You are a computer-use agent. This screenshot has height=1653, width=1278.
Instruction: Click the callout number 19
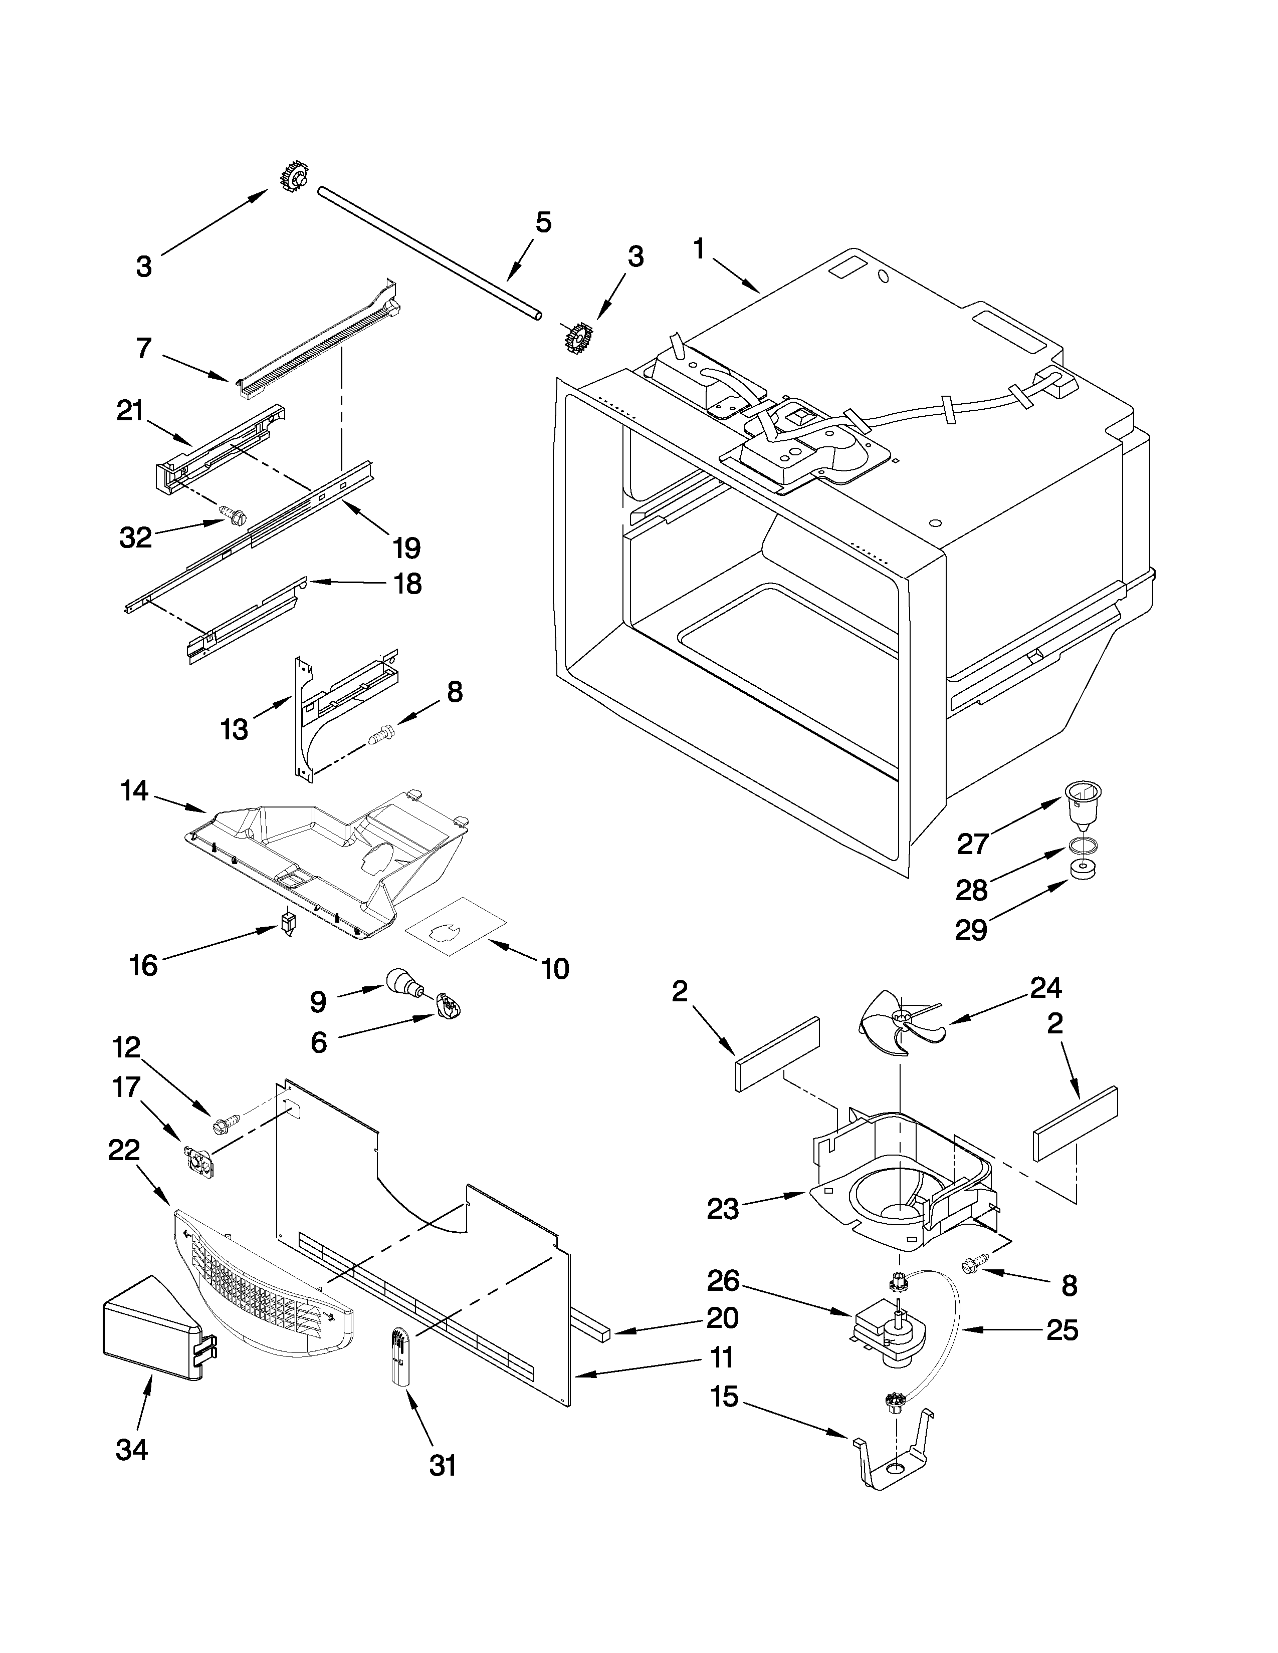(x=408, y=546)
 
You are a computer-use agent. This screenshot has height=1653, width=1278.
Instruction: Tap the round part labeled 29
(x=1084, y=870)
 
